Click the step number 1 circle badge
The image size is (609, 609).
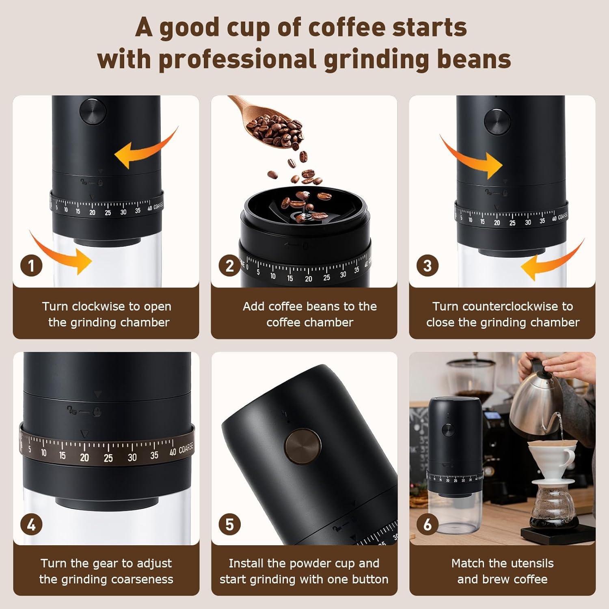(x=31, y=266)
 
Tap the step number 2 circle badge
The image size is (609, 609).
(x=229, y=266)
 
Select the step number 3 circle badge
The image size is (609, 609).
(x=427, y=266)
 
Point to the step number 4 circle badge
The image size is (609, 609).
(x=31, y=525)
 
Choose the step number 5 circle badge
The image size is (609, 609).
(x=229, y=525)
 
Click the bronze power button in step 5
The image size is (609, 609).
(x=303, y=447)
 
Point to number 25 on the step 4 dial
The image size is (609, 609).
(x=108, y=458)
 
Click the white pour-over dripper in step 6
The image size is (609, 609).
(x=551, y=455)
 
